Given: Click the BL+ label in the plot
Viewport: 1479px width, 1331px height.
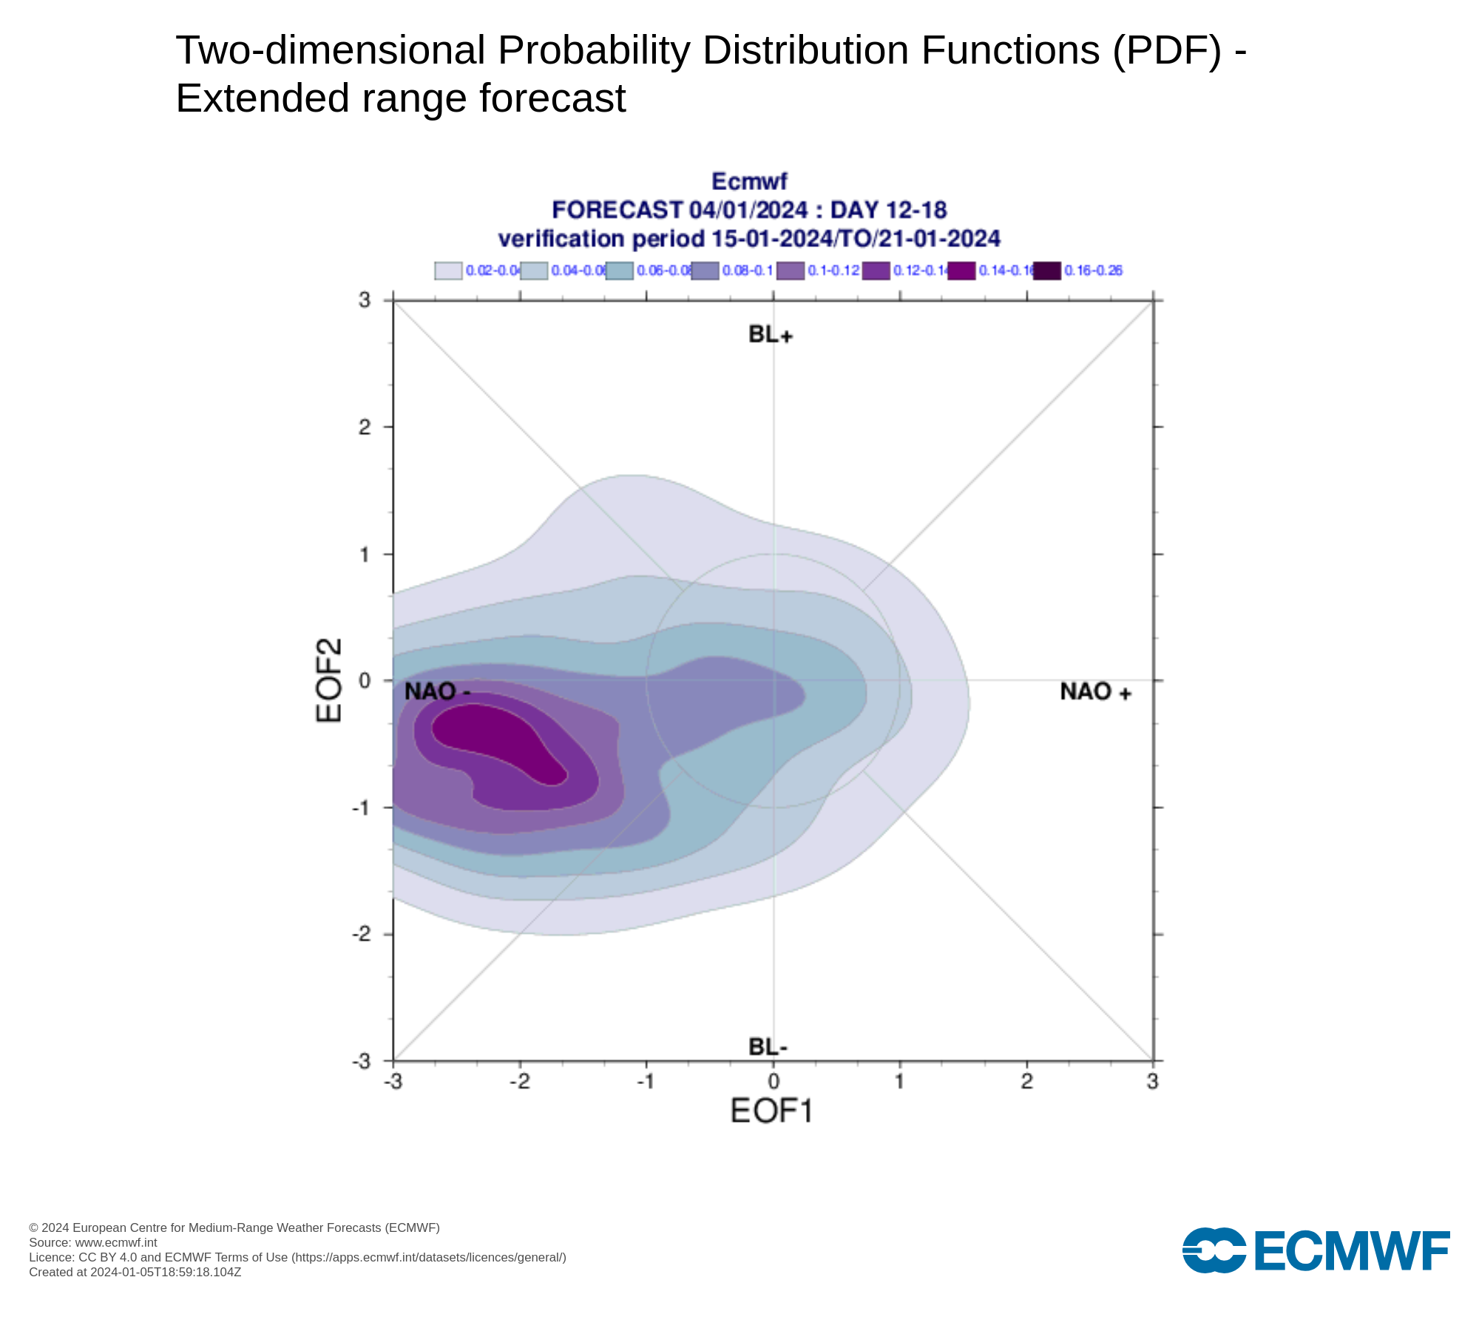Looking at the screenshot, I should coord(770,334).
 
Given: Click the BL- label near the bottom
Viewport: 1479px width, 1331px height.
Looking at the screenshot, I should coord(768,1047).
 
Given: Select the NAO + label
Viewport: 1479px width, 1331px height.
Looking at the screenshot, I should coord(1095,692).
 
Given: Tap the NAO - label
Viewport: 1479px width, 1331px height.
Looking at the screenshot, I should coord(437,692).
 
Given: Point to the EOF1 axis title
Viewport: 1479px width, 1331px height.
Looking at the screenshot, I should coord(771,1111).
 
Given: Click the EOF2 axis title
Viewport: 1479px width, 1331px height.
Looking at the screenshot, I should coord(329,680).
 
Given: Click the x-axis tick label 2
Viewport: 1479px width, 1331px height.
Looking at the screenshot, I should coord(1026,1082).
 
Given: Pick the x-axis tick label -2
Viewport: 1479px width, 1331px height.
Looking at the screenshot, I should coord(520,1082).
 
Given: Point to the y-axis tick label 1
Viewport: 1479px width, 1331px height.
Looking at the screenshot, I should coord(365,554).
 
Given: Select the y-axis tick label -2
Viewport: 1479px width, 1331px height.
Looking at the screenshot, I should coord(362,934).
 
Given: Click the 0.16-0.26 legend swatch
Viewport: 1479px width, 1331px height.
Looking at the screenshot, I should coord(1046,271).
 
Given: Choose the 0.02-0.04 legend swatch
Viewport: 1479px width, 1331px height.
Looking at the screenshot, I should coord(448,271).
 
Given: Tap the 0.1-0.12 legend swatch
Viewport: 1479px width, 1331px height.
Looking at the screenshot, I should coord(790,271).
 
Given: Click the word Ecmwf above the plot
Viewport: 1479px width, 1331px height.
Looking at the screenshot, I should coord(749,181).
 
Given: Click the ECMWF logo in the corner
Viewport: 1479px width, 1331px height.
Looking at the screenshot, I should coord(1316,1250).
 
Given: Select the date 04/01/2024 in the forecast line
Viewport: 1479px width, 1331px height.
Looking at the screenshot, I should coord(748,210).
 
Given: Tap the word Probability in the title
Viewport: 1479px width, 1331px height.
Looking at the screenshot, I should coord(593,50).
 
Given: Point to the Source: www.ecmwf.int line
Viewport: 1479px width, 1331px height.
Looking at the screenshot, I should coord(93,1242).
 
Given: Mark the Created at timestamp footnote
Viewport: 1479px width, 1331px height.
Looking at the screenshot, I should coord(135,1272).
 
